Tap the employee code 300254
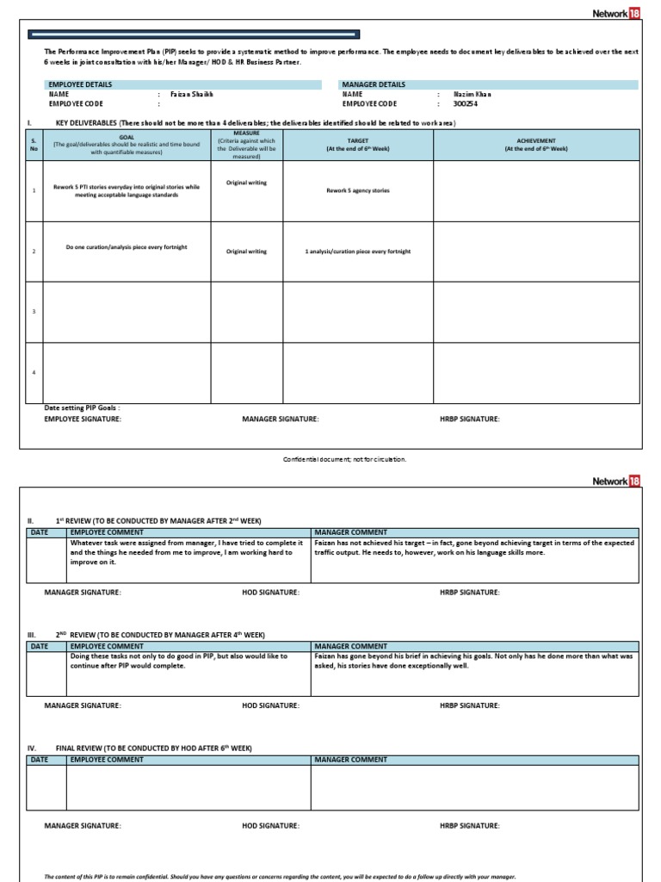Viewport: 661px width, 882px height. (465, 103)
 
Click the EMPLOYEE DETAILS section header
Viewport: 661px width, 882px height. (81, 84)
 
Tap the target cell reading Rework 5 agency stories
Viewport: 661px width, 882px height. (357, 190)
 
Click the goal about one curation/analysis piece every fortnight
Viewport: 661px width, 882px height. (127, 247)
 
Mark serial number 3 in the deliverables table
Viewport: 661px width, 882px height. (33, 311)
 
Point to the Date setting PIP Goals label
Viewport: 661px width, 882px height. (83, 408)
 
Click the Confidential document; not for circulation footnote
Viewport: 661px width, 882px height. (344, 459)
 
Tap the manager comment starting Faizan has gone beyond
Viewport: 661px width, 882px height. (473, 661)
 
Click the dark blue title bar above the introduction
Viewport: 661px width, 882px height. (194, 34)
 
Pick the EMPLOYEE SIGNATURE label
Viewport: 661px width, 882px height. (83, 419)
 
